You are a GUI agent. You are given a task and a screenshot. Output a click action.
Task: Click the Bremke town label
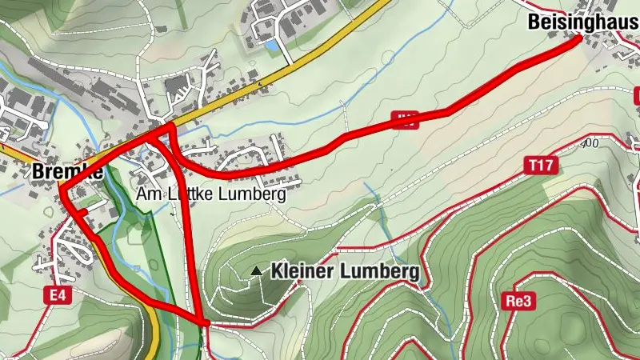(x=67, y=171)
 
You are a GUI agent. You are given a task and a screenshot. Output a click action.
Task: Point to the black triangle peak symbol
(x=257, y=272)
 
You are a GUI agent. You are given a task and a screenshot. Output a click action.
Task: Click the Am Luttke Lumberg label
(x=211, y=194)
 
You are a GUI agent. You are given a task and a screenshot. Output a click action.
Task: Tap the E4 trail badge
(x=55, y=296)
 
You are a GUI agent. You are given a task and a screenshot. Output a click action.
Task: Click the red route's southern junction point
(x=203, y=322)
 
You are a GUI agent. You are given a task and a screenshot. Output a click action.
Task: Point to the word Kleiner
(x=302, y=272)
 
